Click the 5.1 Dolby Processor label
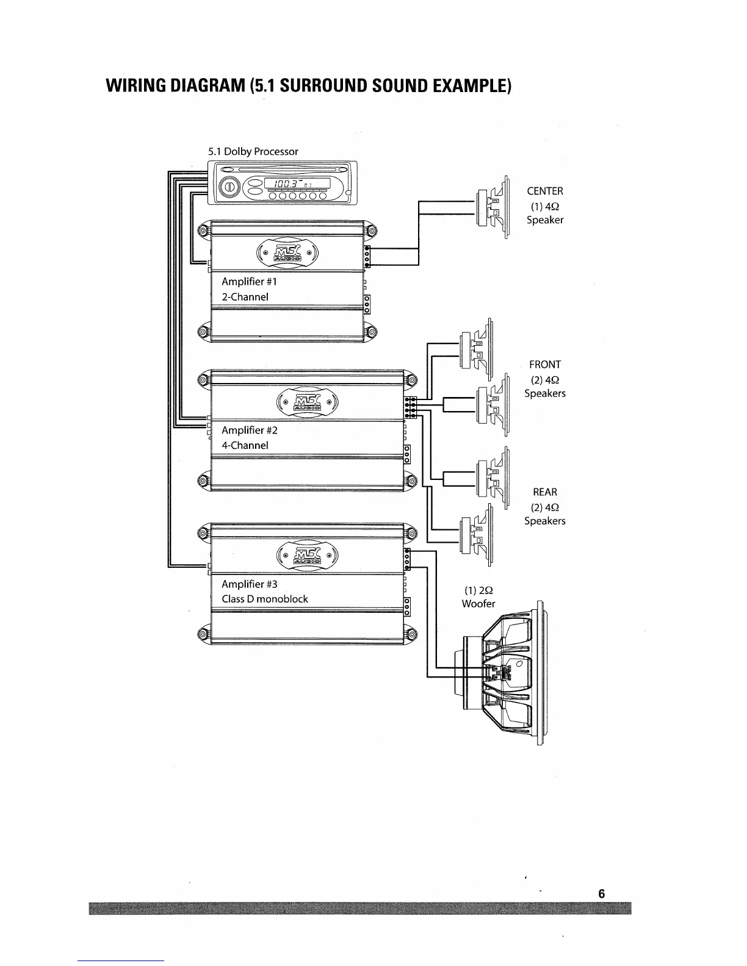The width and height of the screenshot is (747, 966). [253, 151]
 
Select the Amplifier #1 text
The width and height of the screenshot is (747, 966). [249, 282]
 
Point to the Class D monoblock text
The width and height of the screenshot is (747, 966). [264, 599]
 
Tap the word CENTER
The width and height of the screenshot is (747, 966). [545, 191]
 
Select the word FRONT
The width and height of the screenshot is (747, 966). [545, 365]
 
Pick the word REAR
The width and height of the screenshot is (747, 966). [545, 492]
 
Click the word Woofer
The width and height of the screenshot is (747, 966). [478, 604]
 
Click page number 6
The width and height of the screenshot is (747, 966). [601, 894]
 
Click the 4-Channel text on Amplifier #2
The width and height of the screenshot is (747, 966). [245, 445]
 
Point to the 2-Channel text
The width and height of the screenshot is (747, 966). [245, 297]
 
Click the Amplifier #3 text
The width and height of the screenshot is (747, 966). [249, 584]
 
